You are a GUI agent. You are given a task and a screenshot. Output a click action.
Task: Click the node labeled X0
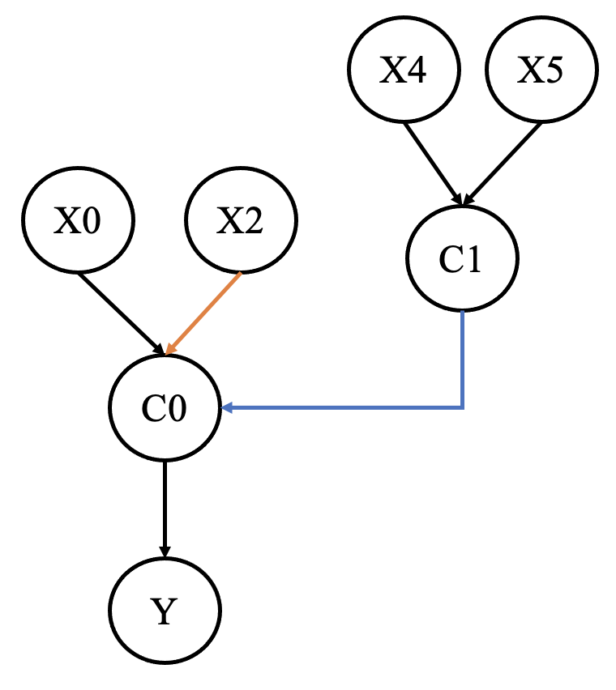click(78, 220)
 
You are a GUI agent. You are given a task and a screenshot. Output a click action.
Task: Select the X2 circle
click(242, 220)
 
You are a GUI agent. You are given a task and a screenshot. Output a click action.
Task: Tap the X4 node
click(404, 71)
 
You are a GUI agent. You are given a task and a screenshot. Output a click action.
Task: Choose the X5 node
click(542, 71)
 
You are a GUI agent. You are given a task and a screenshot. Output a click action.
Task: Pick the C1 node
click(461, 258)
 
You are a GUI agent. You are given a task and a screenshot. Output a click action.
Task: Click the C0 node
click(165, 407)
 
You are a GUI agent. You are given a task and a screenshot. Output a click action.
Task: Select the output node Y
click(165, 611)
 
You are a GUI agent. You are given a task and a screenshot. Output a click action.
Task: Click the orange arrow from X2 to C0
click(204, 313)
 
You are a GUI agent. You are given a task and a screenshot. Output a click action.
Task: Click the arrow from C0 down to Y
click(165, 506)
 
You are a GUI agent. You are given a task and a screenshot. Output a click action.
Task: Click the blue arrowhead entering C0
click(227, 407)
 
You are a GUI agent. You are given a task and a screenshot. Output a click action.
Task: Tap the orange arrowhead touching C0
click(170, 349)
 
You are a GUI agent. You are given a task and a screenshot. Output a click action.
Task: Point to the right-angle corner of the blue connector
click(462, 407)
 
